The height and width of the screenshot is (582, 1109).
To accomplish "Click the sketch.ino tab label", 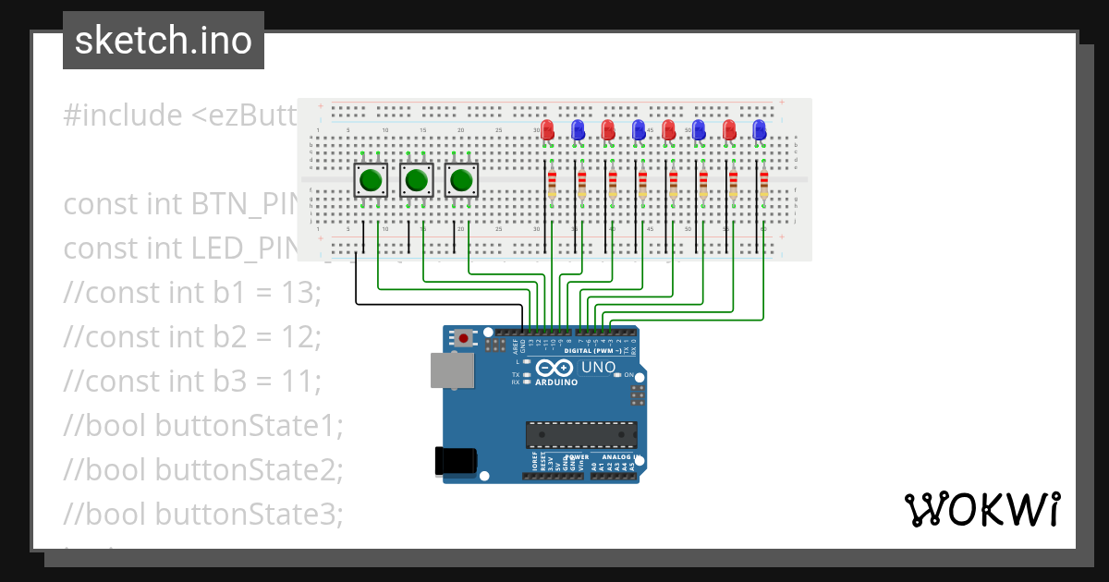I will pos(163,41).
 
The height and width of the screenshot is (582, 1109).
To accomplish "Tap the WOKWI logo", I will pos(981,510).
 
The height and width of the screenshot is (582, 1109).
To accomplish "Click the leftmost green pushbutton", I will pos(372,179).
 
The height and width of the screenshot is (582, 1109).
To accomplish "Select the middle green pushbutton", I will pos(417,179).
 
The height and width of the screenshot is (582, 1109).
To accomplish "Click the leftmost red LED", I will pos(547,129).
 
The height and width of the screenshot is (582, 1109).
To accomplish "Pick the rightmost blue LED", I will pos(760,129).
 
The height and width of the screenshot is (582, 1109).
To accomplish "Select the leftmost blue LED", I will pos(578,129).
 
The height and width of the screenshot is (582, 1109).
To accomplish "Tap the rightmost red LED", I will pos(729,129).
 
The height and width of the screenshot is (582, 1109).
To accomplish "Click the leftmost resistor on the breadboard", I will pos(552,182).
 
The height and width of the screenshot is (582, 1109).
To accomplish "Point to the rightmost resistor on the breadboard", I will pos(763,182).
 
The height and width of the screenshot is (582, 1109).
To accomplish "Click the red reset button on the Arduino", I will pos(463,338).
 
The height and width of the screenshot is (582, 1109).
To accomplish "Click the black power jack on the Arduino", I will pos(456,460).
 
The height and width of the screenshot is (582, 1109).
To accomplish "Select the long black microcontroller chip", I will pos(581,433).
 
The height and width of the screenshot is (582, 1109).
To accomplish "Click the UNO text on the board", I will pos(597,368).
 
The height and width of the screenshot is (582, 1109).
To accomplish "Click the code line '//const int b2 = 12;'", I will pos(192,336).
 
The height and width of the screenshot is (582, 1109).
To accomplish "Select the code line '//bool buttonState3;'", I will pos(203,513).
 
